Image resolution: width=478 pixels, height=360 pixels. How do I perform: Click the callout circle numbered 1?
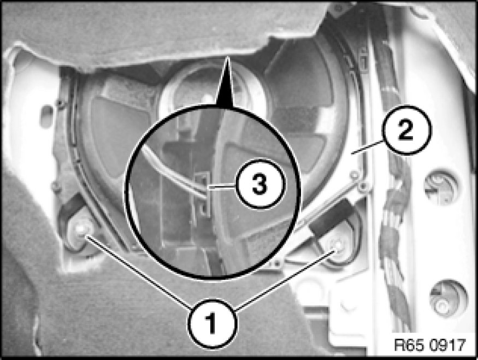[x=213, y=324]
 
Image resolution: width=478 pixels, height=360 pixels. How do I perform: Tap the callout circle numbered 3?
[x=260, y=184]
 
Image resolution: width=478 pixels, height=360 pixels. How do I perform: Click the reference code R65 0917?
[x=430, y=345]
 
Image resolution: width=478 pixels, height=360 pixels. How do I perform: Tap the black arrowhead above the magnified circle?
[x=226, y=82]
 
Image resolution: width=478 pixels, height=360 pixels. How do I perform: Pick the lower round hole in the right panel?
[x=448, y=298]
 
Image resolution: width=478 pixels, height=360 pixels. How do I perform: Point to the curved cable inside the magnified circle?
[x=174, y=172]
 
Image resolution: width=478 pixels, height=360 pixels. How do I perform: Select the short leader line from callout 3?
[x=222, y=186]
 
